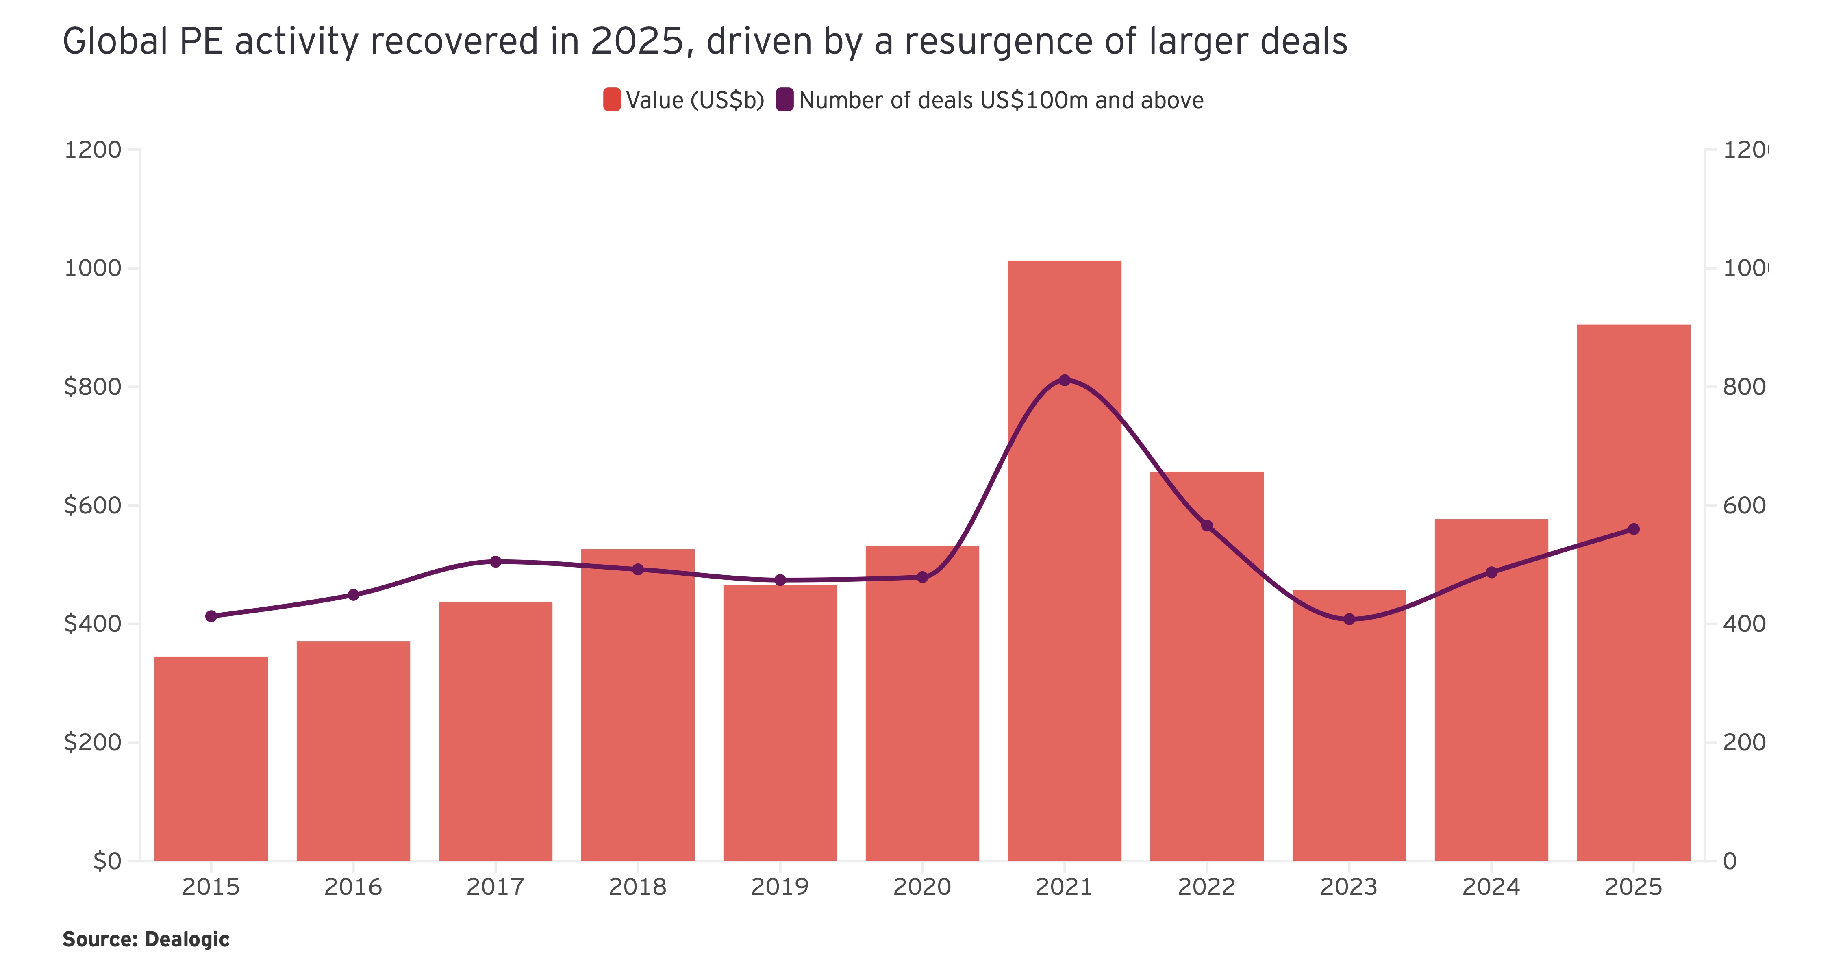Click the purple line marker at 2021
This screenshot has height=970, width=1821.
1065,381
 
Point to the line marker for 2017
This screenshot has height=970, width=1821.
495,561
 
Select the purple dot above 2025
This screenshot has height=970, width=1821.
1634,529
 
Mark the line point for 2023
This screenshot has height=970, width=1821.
1349,619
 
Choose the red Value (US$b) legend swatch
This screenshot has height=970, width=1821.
611,100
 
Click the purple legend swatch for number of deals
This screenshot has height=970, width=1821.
784,100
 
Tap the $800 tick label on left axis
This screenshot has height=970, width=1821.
93,387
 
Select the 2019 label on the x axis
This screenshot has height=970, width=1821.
780,887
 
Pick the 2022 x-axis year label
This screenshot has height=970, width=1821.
1207,887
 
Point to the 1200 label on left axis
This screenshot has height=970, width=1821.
93,150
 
